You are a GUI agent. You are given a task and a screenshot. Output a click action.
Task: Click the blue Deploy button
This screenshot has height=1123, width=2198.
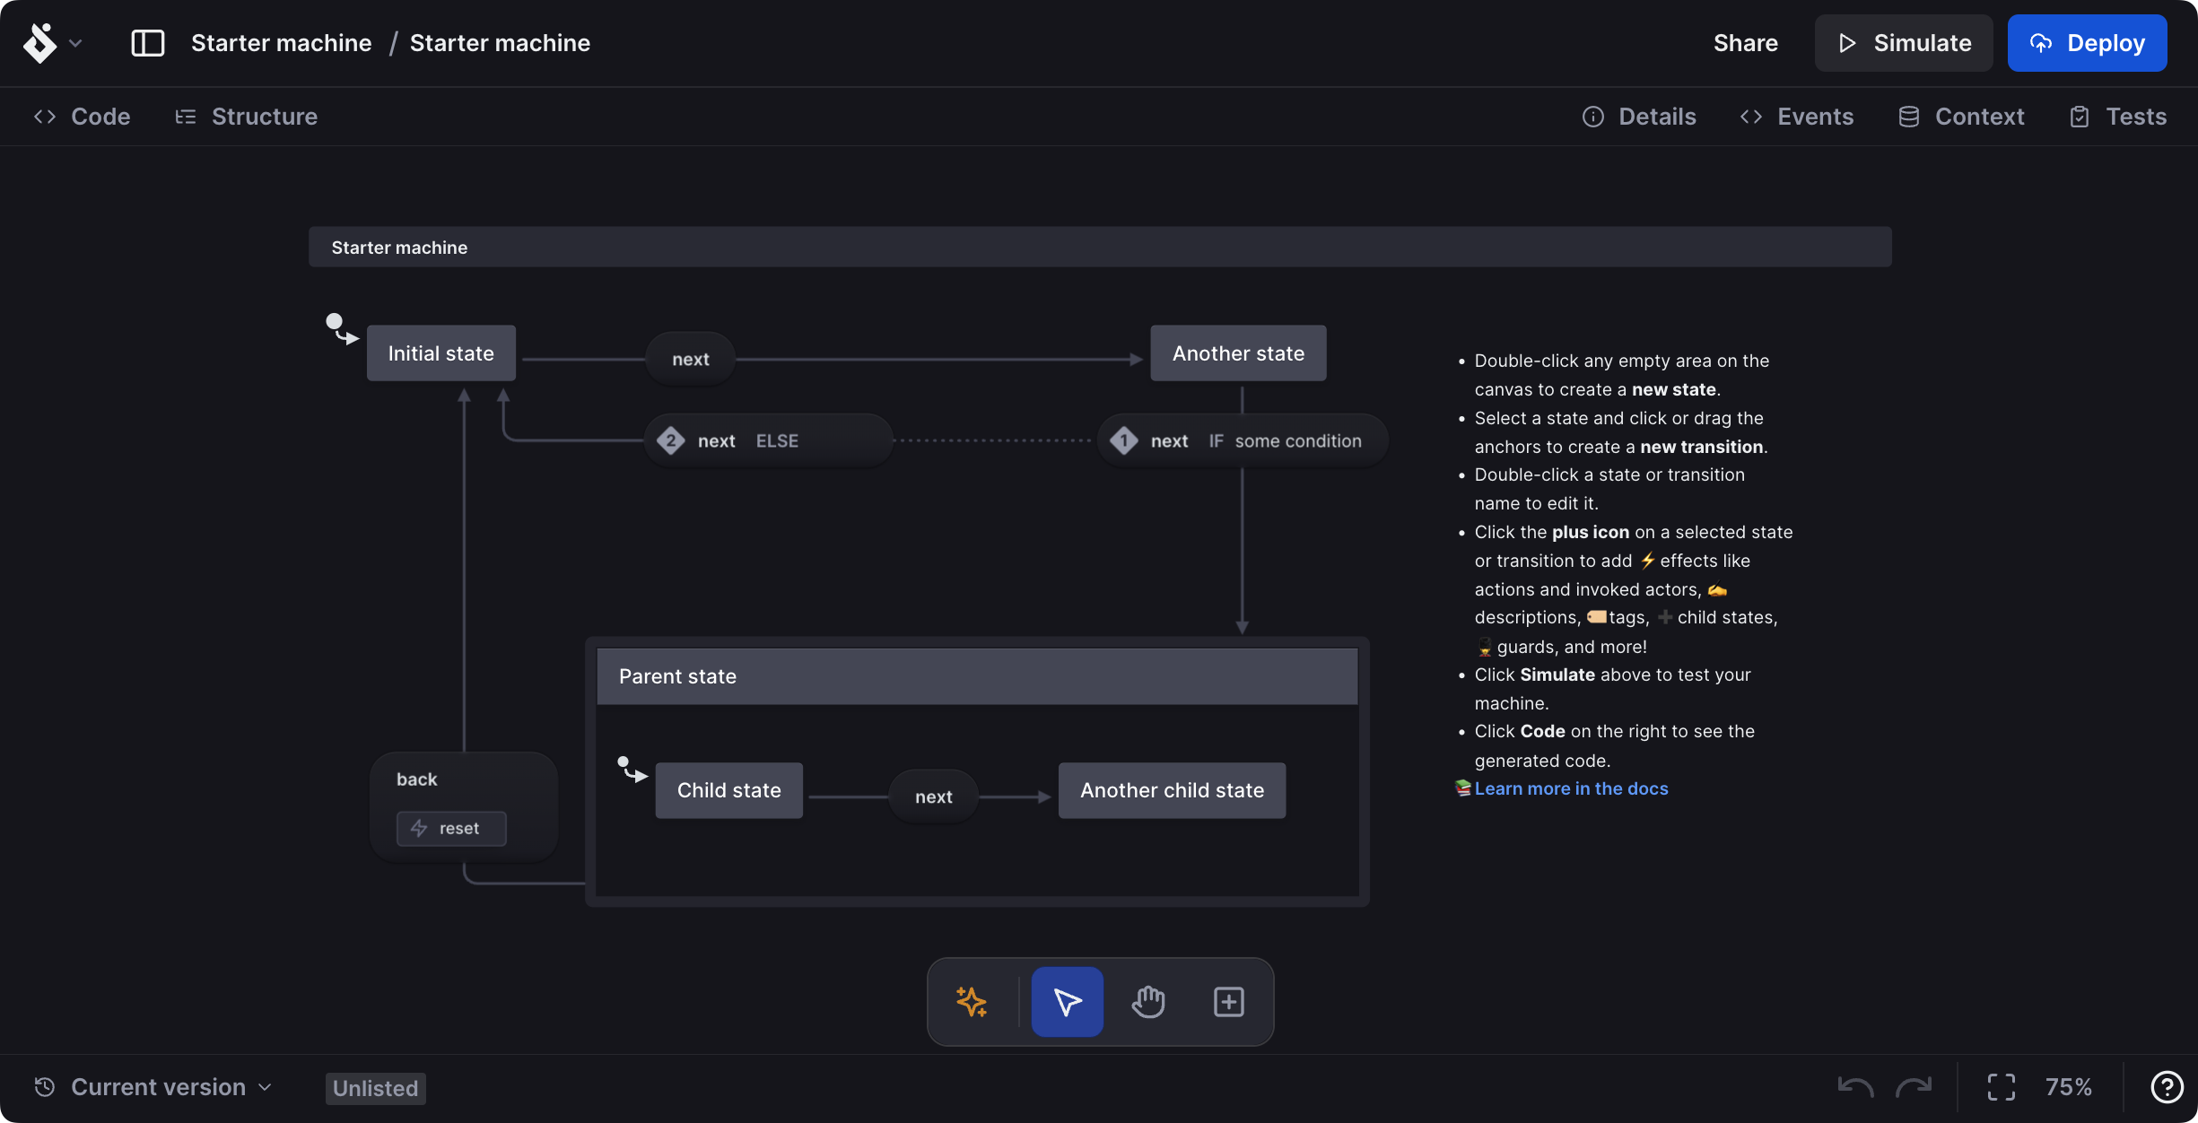click(2087, 43)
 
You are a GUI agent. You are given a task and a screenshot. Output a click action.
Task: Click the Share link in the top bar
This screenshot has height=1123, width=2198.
click(1745, 43)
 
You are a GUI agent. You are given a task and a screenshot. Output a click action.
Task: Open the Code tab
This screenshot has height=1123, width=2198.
click(83, 117)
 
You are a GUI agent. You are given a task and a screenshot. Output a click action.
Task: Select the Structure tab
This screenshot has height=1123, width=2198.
click(247, 117)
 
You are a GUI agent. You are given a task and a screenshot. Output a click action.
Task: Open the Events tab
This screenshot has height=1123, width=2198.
click(1797, 117)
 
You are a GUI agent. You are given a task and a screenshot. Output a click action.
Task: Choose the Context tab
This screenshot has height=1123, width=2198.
click(1962, 117)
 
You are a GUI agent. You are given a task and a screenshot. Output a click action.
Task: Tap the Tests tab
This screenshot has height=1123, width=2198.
click(2118, 117)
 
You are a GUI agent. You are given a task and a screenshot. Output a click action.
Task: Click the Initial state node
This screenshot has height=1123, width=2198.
click(440, 353)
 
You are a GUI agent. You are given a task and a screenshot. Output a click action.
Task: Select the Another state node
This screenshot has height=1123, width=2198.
click(1238, 353)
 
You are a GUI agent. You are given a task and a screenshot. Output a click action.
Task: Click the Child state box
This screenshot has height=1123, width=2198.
click(728, 790)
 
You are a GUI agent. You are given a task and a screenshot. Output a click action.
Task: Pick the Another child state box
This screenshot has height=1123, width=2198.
click(1172, 790)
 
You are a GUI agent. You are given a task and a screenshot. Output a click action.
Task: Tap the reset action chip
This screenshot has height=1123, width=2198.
click(451, 829)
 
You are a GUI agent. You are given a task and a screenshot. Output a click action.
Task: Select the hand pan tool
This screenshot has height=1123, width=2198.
click(1148, 1002)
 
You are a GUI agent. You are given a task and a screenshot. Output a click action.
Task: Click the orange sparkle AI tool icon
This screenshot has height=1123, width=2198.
click(972, 1002)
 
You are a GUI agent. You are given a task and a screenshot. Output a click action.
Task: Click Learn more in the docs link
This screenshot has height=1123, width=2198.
click(1571, 788)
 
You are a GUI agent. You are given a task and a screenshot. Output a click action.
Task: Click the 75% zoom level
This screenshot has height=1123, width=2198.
click(2068, 1087)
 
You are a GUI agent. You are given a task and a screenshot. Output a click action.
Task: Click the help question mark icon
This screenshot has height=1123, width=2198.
click(2167, 1087)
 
